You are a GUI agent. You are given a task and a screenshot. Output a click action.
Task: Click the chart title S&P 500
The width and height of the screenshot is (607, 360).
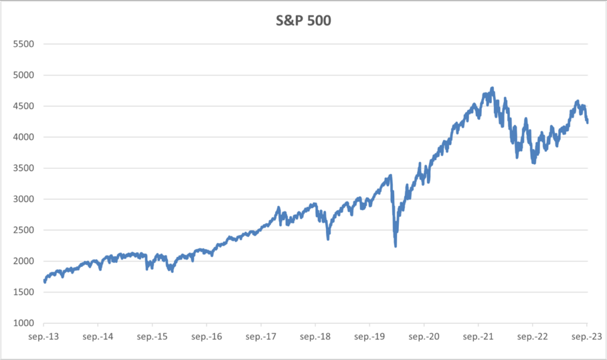pyautogui.click(x=303, y=20)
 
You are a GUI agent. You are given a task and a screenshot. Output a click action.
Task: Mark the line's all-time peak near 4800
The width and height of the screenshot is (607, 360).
pyautogui.click(x=493, y=88)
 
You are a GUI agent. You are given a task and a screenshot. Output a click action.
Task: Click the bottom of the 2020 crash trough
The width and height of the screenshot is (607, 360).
pyautogui.click(x=395, y=246)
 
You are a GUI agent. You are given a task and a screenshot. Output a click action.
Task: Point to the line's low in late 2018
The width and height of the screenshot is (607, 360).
pyautogui.click(x=328, y=239)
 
